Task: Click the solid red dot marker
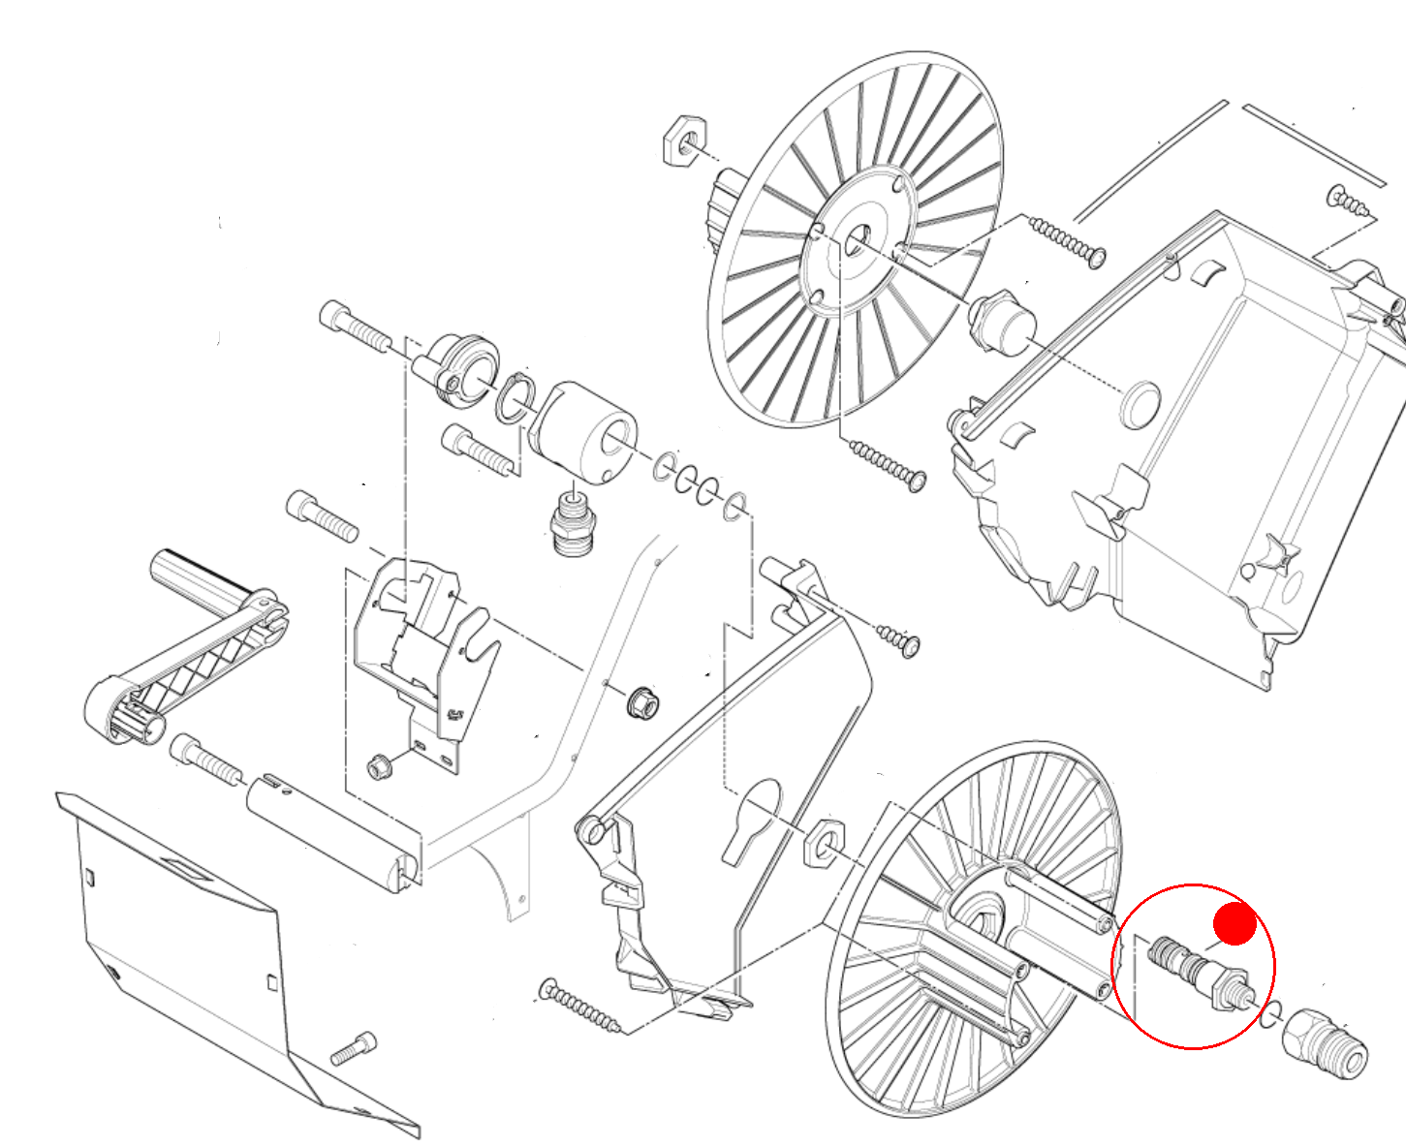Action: (x=1234, y=923)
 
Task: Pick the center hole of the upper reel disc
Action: (x=857, y=240)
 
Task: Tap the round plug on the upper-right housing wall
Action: (x=1140, y=404)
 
